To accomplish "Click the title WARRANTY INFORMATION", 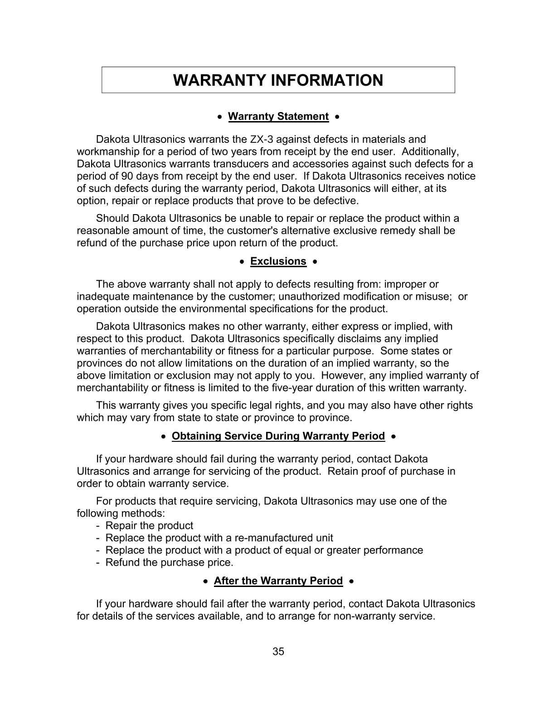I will coord(278,80).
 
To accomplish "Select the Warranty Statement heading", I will coord(278,117).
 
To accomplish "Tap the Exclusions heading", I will coord(278,261).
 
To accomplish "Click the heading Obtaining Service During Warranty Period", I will coord(278,436).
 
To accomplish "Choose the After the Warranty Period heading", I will coord(278,581).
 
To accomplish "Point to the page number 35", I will coord(278,651).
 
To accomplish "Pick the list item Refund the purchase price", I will coord(169,562).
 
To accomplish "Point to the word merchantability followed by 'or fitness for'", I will coord(176,351).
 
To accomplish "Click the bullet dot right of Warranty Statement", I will coord(337,117).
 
